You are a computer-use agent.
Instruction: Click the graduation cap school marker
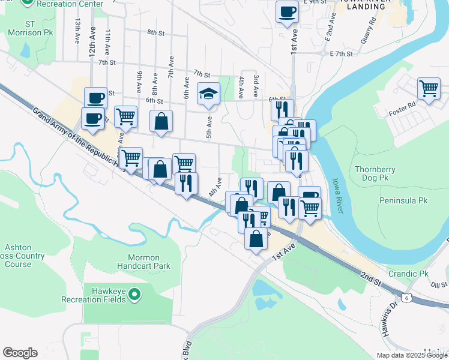click(209, 94)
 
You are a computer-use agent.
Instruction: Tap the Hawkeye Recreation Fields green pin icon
click(135, 295)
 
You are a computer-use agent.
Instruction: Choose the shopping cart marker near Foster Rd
click(429, 89)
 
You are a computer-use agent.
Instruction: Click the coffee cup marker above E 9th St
click(287, 11)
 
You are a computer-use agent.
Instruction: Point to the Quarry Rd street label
click(368, 30)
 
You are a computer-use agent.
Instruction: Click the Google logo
click(20, 353)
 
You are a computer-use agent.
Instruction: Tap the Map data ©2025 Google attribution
click(411, 355)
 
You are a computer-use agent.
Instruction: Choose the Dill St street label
click(439, 285)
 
